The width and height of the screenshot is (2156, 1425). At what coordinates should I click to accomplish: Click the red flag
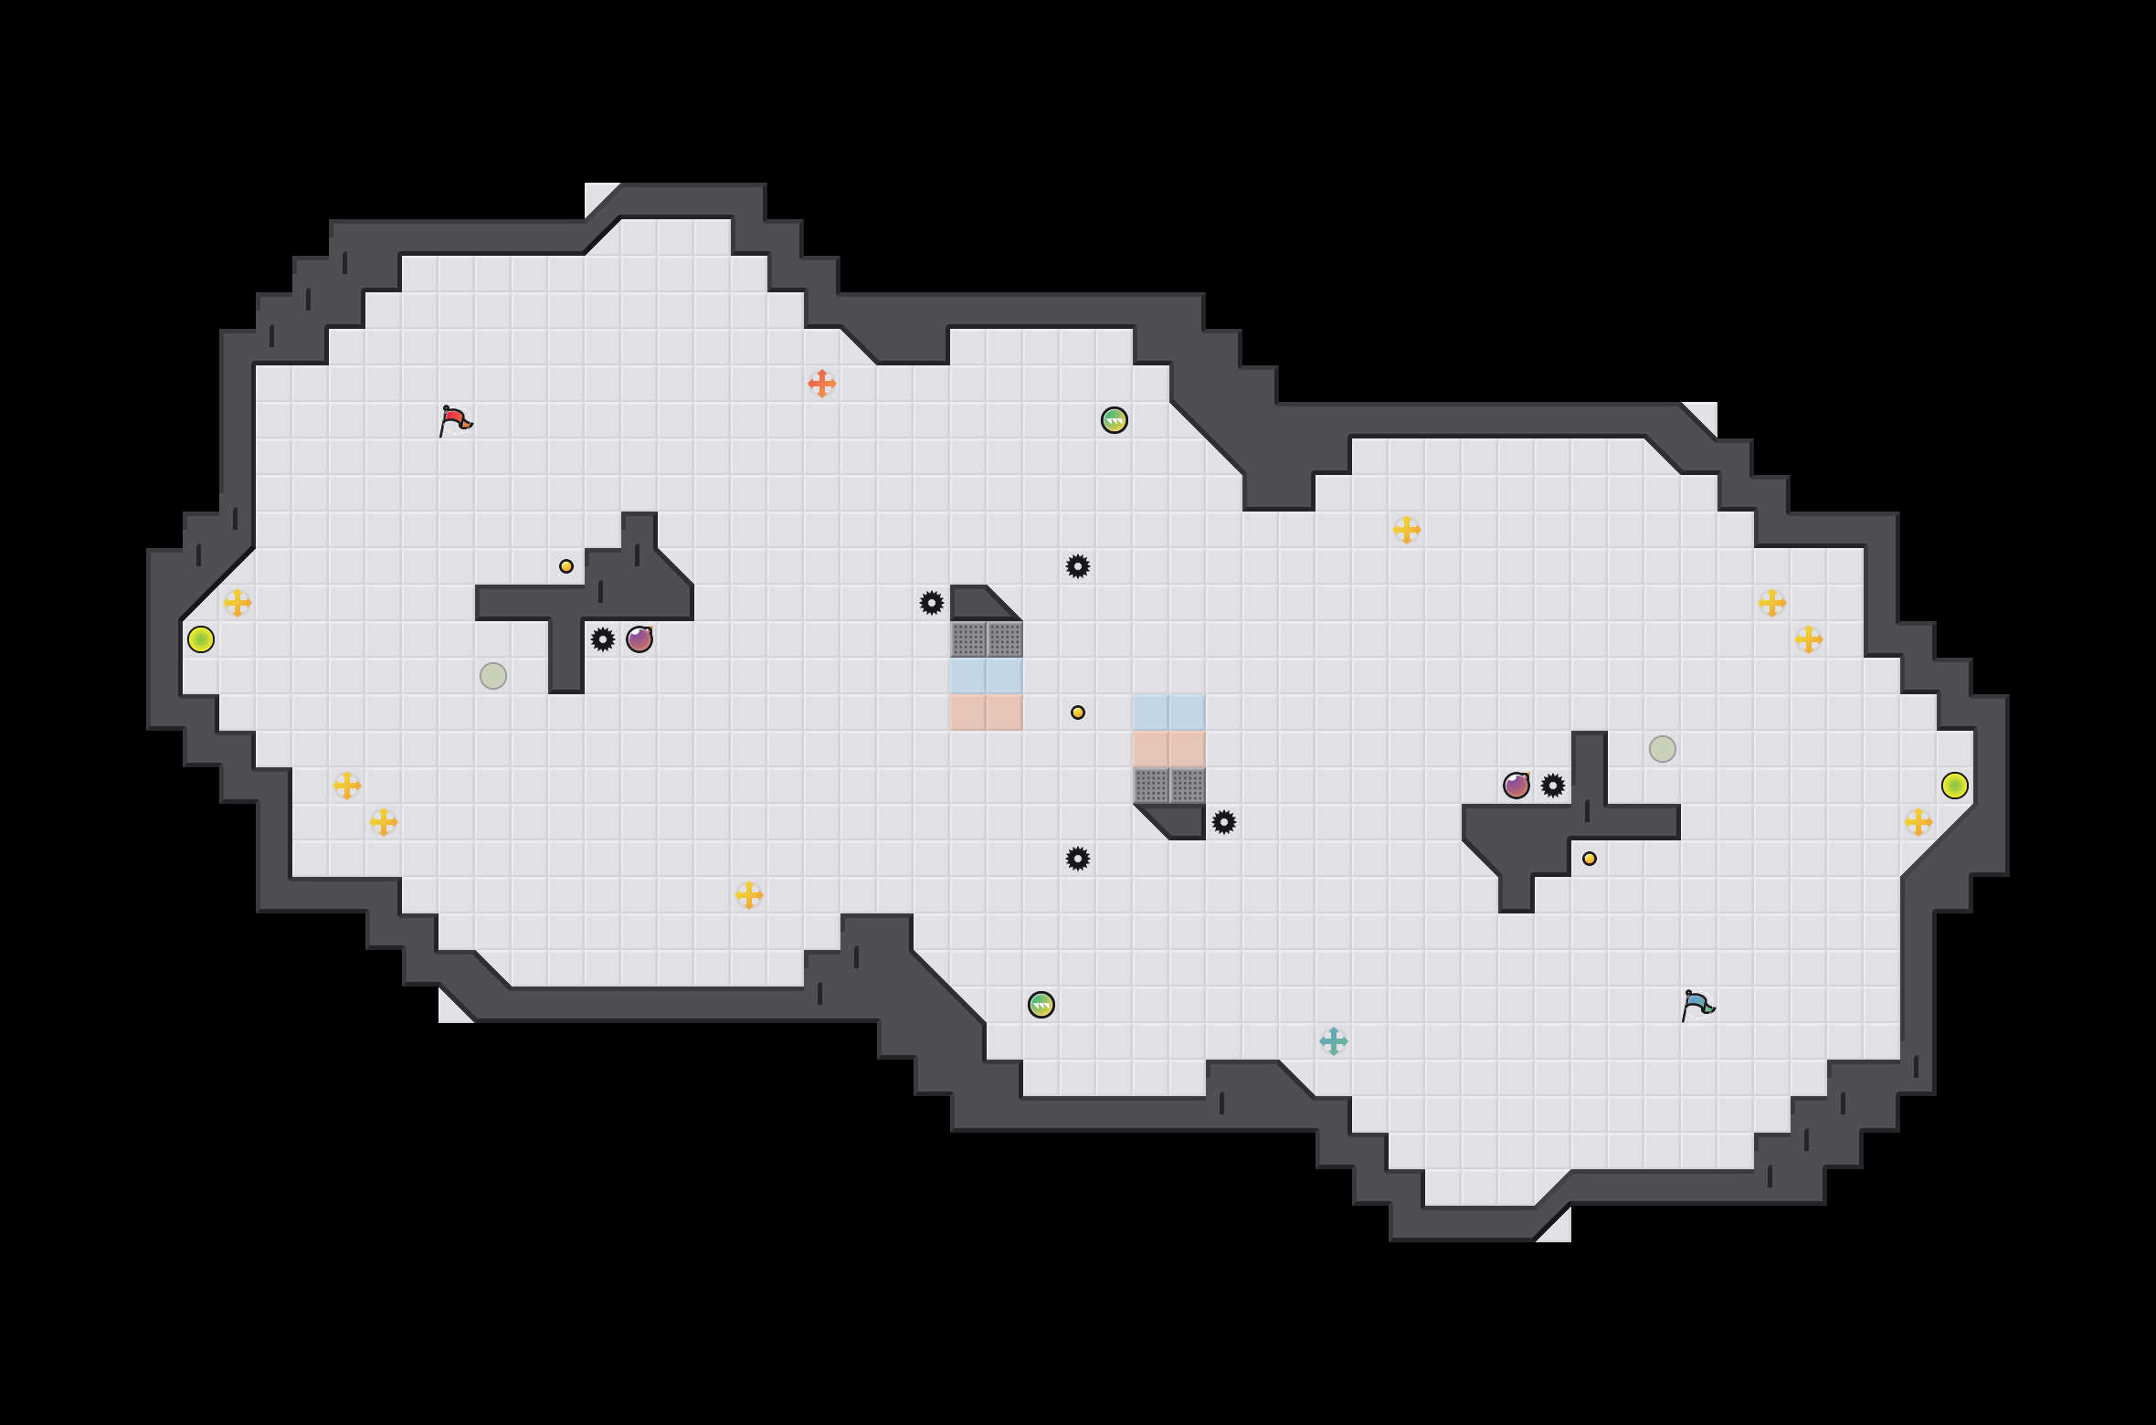click(x=455, y=420)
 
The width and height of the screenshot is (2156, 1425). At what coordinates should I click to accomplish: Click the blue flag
click(x=1697, y=1005)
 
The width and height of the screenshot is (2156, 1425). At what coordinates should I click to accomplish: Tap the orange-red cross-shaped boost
click(x=822, y=384)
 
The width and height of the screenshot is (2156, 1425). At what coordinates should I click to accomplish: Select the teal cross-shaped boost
click(x=1334, y=1041)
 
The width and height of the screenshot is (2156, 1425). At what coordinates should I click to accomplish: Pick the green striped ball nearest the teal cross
click(x=1041, y=1005)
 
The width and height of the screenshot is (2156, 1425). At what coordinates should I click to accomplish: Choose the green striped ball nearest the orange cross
click(x=1115, y=420)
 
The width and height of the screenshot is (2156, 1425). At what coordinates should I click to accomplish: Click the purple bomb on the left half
click(x=639, y=639)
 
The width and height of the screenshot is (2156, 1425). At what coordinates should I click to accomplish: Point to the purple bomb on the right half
click(x=1517, y=786)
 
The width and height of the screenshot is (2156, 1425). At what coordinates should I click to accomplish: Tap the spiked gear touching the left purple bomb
click(x=603, y=639)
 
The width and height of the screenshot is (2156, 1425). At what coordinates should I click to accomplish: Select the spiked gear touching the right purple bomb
click(x=1553, y=786)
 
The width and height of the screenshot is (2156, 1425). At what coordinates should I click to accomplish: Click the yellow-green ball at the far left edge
click(x=201, y=639)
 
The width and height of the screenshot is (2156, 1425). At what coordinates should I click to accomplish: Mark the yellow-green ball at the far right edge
click(x=1955, y=786)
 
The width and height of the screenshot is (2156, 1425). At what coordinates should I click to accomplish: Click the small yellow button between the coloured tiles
click(x=1078, y=712)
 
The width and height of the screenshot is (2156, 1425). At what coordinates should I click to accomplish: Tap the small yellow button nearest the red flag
click(x=566, y=566)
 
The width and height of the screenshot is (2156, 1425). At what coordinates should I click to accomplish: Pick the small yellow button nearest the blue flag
click(x=1590, y=859)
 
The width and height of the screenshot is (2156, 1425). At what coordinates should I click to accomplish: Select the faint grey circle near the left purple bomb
click(x=493, y=676)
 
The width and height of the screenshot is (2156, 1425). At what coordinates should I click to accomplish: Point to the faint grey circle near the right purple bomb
click(x=1663, y=749)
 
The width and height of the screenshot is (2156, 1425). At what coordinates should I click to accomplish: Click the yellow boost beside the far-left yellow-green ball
click(x=238, y=603)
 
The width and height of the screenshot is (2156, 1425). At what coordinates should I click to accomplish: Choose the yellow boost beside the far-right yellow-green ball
click(x=1918, y=822)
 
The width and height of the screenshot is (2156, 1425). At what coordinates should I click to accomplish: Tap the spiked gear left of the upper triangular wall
click(x=932, y=603)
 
